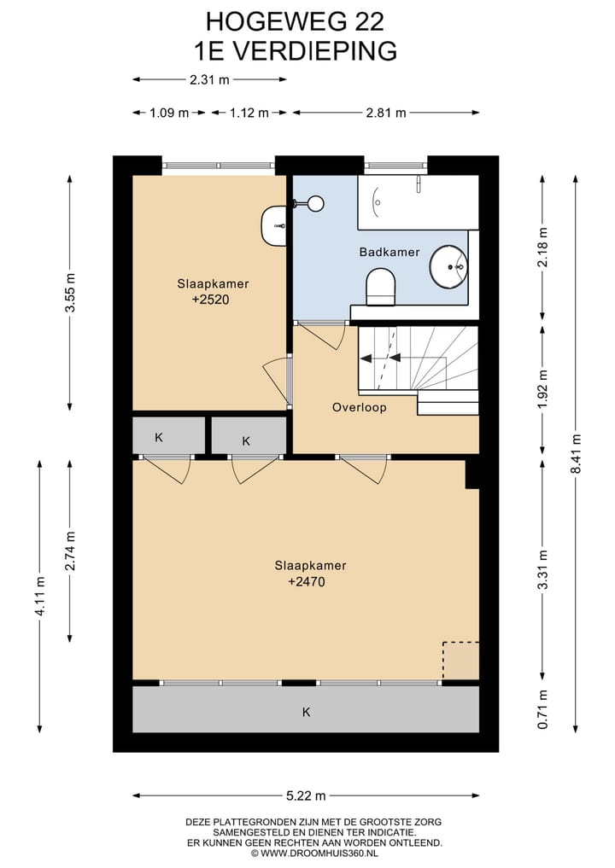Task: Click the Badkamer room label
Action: (x=389, y=252)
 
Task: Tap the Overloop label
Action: (x=359, y=407)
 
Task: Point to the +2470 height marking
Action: (x=307, y=581)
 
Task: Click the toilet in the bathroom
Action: (x=381, y=287)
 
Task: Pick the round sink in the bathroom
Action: (x=448, y=267)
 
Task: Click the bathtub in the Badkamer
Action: (x=418, y=202)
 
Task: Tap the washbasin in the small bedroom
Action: (x=273, y=226)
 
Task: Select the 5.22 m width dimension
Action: (x=306, y=796)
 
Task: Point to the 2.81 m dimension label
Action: (x=385, y=113)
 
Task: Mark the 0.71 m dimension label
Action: (x=543, y=709)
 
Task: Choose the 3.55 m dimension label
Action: (x=70, y=293)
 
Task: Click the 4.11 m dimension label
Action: (x=40, y=596)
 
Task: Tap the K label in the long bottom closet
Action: (x=307, y=712)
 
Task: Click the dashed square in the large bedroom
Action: (x=460, y=660)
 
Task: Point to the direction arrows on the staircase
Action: (x=381, y=358)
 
